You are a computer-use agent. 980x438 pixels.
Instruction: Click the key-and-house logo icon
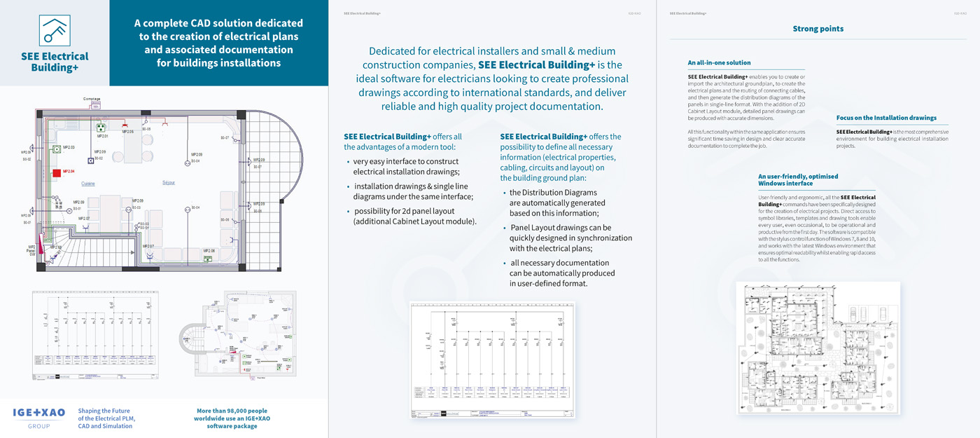pyautogui.click(x=54, y=30)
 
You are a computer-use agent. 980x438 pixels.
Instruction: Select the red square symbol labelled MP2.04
pyautogui.click(x=56, y=172)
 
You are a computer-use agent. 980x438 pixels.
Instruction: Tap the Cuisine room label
pyautogui.click(x=88, y=184)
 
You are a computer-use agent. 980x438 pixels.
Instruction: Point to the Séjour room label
pyautogui.click(x=168, y=183)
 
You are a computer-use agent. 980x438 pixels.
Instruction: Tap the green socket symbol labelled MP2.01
pyautogui.click(x=101, y=128)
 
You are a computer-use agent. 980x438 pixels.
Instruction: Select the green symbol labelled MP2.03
pyautogui.click(x=55, y=149)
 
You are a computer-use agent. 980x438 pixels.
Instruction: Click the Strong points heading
pyautogui.click(x=818, y=29)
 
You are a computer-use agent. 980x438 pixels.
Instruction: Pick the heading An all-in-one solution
pyautogui.click(x=719, y=63)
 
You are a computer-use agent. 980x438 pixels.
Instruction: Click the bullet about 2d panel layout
pyautogui.click(x=414, y=217)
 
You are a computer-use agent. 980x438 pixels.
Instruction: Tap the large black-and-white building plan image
pyautogui.click(x=818, y=339)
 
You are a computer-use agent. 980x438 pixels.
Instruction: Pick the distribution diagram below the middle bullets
pyautogui.click(x=492, y=360)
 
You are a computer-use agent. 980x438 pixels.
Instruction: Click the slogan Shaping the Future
pyautogui.click(x=104, y=411)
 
